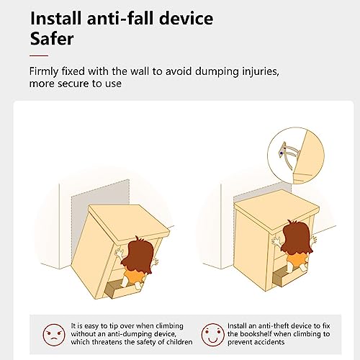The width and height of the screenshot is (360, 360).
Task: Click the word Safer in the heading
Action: (x=52, y=39)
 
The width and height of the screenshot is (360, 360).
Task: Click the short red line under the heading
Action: (x=39, y=55)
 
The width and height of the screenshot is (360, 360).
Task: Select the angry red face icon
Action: (x=54, y=335)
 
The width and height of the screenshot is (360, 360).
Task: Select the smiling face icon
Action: (x=212, y=335)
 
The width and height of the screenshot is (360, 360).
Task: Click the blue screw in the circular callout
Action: (x=282, y=153)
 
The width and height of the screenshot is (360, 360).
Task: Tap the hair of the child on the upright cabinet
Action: (x=297, y=238)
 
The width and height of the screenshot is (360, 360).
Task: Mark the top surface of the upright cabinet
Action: (x=276, y=210)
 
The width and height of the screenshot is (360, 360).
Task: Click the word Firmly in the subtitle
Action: (x=44, y=71)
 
